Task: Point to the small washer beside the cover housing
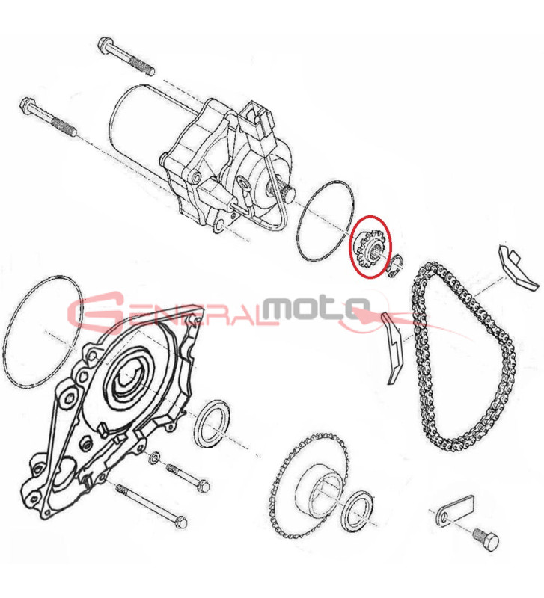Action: [x=156, y=457]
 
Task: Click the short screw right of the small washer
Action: [x=185, y=476]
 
